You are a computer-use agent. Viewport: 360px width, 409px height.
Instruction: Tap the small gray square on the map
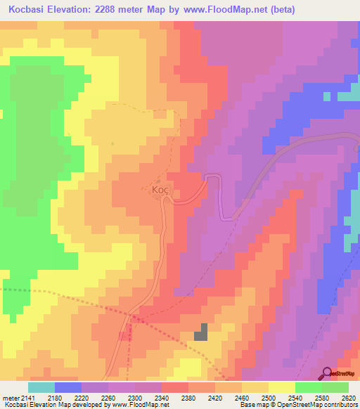(x=202, y=332)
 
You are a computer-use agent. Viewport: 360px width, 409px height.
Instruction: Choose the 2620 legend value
(x=349, y=398)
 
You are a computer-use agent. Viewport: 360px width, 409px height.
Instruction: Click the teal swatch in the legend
(x=41, y=387)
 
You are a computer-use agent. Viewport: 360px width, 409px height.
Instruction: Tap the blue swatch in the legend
(x=67, y=387)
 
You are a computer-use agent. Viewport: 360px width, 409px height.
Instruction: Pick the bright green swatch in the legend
(x=308, y=387)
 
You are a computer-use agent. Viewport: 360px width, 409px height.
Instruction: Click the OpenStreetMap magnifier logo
(x=326, y=372)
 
